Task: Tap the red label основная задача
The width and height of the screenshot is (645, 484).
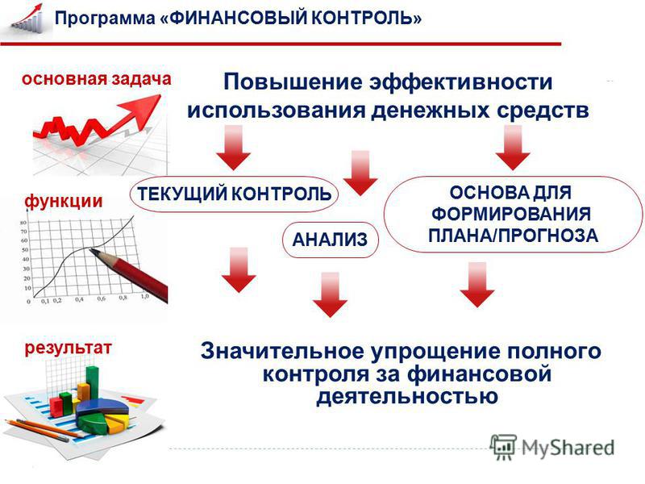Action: tap(96, 79)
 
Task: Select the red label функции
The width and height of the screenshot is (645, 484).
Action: tap(64, 202)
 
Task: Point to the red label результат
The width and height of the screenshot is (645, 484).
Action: tap(68, 348)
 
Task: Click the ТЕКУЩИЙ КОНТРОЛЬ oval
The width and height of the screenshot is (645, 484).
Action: tap(234, 194)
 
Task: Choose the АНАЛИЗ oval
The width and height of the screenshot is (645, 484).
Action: tap(330, 240)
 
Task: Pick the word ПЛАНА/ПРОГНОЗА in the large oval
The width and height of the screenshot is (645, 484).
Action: tap(513, 236)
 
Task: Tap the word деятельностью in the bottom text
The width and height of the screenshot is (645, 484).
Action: tap(407, 397)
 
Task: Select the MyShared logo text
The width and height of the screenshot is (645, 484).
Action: tap(568, 448)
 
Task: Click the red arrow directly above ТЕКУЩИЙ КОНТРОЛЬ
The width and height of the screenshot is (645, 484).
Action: tap(234, 148)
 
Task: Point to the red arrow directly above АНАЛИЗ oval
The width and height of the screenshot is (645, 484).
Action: tap(360, 173)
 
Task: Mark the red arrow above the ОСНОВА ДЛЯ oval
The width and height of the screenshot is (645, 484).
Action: tap(513, 148)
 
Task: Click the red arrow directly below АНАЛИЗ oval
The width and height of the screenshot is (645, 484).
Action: tap(330, 294)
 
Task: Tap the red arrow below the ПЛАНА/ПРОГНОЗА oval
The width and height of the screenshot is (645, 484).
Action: tap(477, 285)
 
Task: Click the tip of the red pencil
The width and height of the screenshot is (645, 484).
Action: tap(90, 249)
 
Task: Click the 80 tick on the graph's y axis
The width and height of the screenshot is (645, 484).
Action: tap(24, 223)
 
